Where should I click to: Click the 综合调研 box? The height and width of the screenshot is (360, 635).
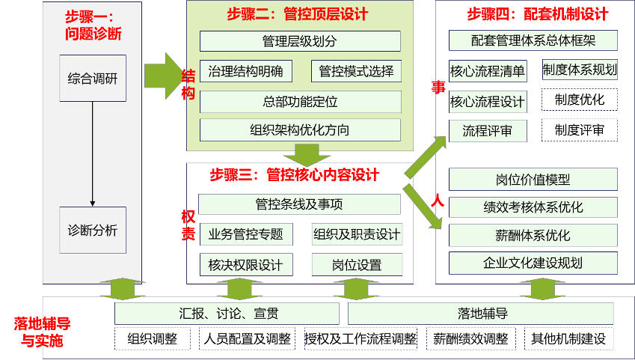tap(92, 79)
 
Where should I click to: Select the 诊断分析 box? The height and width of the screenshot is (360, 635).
tap(92, 230)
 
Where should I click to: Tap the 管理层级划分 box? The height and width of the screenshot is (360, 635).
tap(300, 41)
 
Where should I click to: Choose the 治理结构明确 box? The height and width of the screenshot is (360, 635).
tap(246, 71)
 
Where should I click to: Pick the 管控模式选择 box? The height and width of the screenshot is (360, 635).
tap(355, 71)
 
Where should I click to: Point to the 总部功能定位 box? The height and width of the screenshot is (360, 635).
tap(300, 102)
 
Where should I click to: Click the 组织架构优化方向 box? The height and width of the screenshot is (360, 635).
tap(300, 129)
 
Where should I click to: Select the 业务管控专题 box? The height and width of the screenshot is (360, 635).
tap(246, 234)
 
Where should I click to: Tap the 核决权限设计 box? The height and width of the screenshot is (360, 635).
tap(246, 265)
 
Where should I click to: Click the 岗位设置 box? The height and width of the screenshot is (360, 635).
tap(357, 265)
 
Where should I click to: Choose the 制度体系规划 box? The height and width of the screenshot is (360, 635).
tap(580, 70)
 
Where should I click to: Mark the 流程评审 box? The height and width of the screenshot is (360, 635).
tap(488, 131)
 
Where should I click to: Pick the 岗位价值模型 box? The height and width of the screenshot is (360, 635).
tap(533, 180)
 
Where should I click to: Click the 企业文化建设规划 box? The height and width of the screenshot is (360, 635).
tap(533, 263)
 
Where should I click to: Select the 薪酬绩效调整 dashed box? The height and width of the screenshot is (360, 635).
tap(470, 338)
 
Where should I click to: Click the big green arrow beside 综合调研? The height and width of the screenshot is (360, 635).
tap(161, 76)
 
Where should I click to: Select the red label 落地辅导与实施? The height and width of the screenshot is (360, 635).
tap(41, 332)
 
